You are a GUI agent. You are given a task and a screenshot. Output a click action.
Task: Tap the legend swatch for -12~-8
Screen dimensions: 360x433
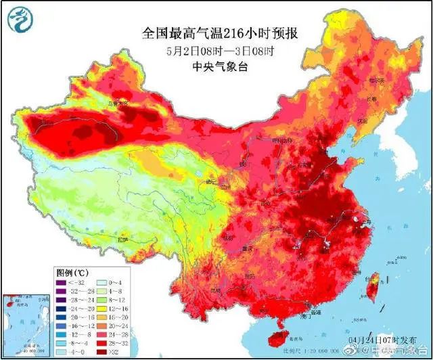click(x=61, y=324)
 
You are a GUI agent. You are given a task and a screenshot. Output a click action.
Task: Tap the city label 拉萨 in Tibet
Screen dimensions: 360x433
click(x=122, y=238)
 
